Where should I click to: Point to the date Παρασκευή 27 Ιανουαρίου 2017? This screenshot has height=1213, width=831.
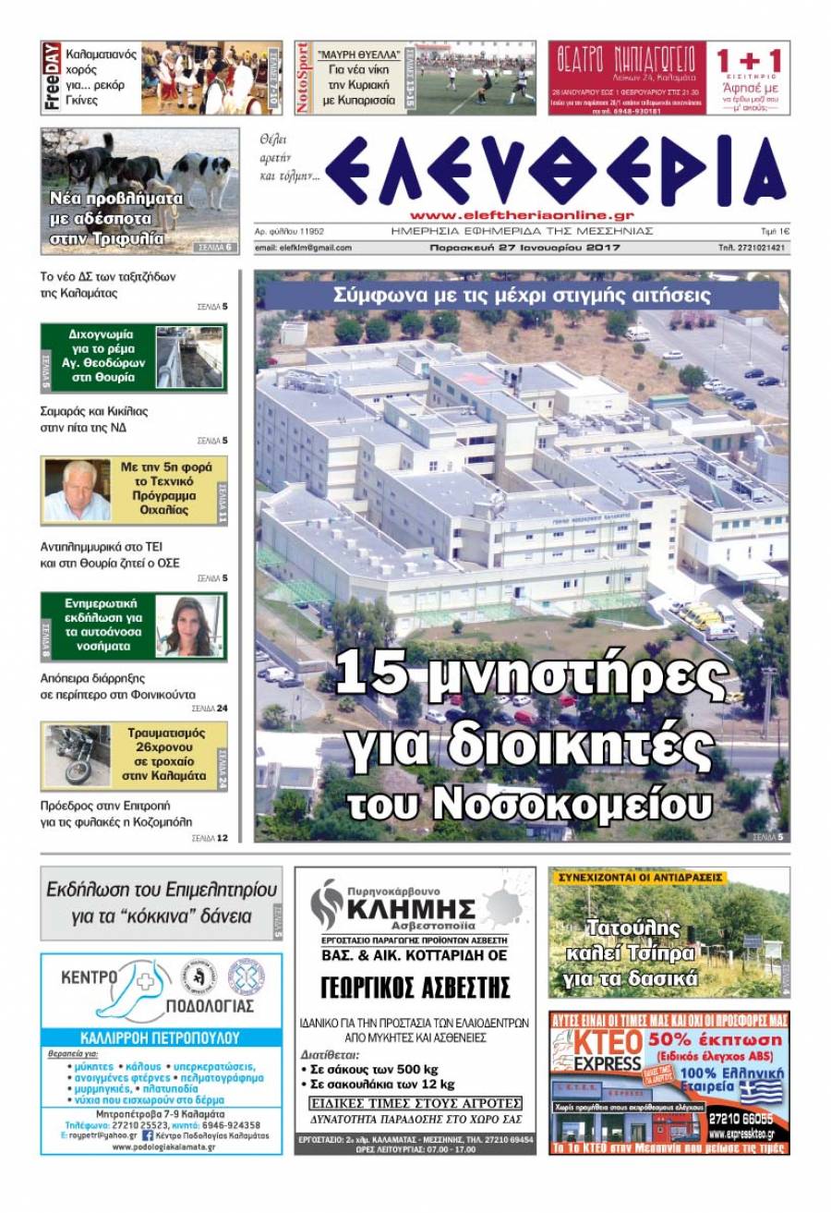(x=524, y=248)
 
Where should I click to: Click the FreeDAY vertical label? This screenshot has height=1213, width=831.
(x=52, y=78)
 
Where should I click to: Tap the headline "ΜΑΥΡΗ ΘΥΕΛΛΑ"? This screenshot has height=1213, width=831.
(x=358, y=55)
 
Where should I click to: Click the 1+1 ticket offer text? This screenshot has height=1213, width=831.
(x=749, y=63)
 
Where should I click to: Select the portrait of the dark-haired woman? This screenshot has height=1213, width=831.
(x=187, y=627)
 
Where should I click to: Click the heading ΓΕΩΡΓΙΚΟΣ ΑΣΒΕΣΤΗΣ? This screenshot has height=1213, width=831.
(x=415, y=988)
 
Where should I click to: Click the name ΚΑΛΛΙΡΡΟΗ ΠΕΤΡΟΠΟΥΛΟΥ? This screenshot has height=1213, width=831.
(x=161, y=1037)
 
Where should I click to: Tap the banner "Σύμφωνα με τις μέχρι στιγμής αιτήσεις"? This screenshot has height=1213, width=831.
(x=522, y=296)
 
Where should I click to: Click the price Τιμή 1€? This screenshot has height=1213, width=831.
(x=774, y=231)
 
